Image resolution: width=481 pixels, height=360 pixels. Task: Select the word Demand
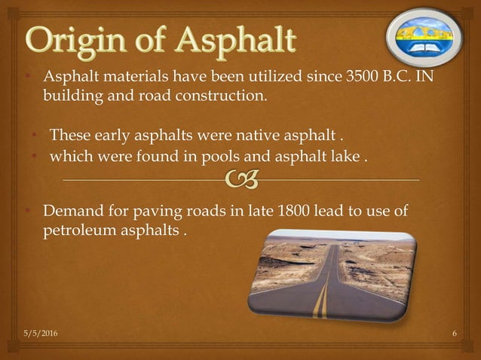[x=72, y=210]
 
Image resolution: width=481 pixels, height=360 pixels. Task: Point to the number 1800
[x=293, y=210]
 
